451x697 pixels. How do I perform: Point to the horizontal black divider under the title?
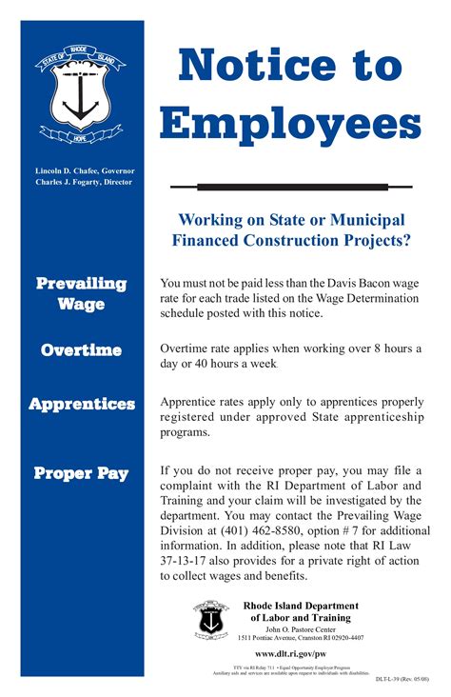point(290,187)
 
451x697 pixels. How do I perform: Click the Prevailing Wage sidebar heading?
point(81,294)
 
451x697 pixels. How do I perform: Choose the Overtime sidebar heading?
point(81,350)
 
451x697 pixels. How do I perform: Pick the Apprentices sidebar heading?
point(81,405)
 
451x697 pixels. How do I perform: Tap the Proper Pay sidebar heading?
point(81,473)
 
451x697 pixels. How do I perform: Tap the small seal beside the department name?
point(210,620)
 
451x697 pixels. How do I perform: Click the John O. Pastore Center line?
point(300,628)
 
